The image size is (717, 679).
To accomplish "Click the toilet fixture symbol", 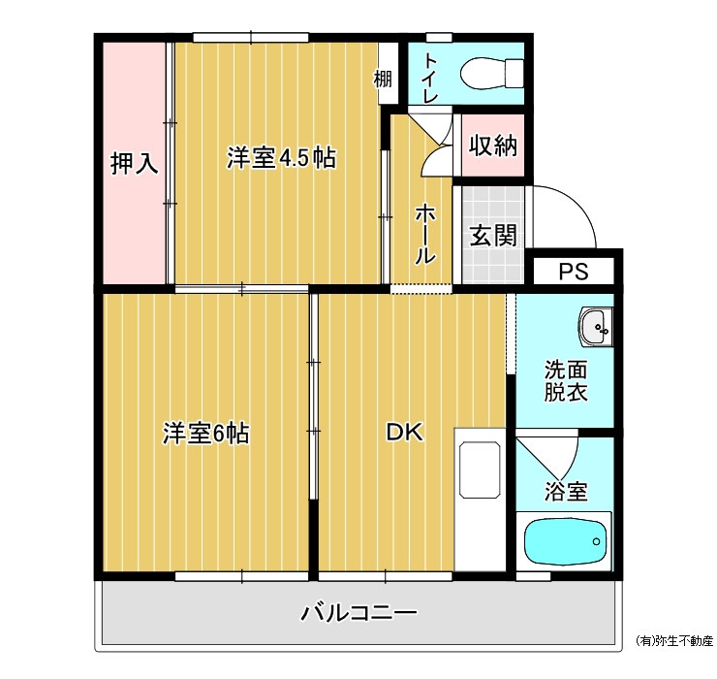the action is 491,73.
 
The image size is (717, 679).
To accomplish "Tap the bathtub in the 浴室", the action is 565,541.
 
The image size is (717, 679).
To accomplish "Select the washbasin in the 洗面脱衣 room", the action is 595,327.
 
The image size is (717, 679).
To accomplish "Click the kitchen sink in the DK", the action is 480,469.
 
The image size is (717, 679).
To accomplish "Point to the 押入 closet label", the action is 134,163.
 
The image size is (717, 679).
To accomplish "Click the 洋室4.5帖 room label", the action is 281,158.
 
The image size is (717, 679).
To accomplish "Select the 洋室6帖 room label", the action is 205,434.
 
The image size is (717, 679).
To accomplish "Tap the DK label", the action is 405,432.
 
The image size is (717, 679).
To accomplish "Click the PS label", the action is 574,272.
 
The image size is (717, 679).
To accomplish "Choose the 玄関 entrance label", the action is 493,236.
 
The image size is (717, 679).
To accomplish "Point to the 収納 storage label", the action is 493,145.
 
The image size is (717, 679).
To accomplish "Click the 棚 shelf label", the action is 383,79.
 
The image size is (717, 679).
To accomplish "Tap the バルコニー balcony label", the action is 358,613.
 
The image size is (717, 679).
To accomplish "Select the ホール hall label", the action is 424,234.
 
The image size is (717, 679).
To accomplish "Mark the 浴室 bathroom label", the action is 566,491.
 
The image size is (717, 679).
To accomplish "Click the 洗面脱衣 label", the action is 566,381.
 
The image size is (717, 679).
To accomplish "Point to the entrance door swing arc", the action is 577,205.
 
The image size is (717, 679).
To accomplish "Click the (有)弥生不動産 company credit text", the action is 674,641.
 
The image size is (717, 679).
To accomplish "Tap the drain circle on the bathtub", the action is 596,541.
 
